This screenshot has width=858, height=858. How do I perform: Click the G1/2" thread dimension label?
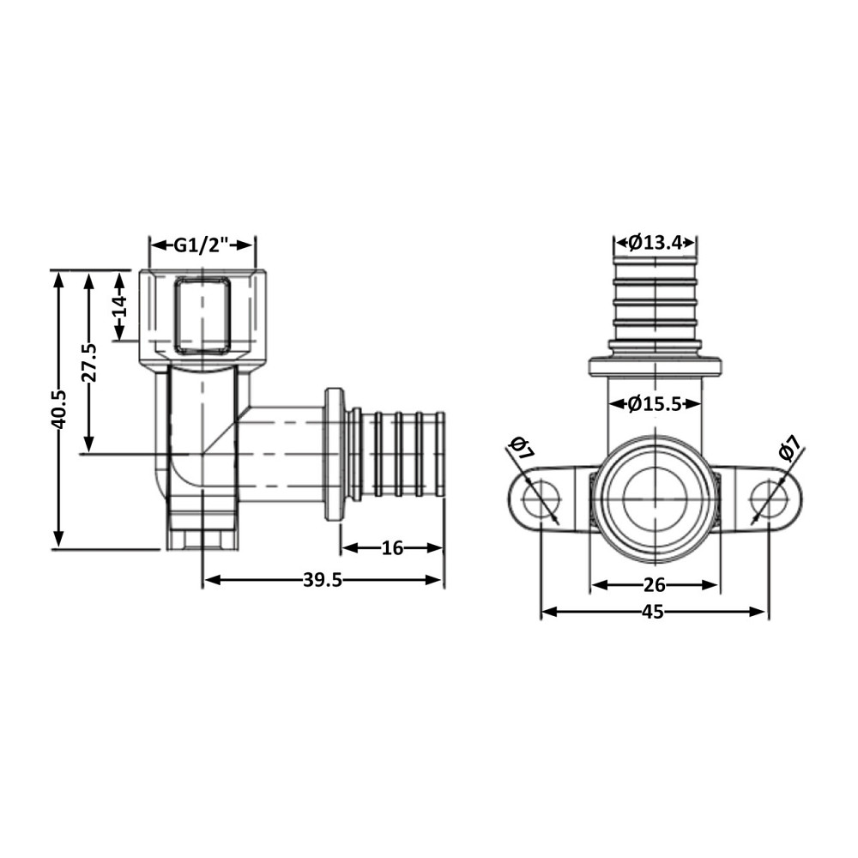(x=202, y=245)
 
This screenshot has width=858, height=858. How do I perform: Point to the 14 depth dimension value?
(x=119, y=305)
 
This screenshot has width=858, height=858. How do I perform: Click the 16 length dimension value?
(x=391, y=548)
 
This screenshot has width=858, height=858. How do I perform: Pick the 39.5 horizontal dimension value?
(x=323, y=580)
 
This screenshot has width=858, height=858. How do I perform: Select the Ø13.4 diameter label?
(x=655, y=243)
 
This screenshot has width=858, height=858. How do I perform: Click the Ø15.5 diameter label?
(x=655, y=403)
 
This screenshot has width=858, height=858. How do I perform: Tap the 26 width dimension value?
(x=654, y=585)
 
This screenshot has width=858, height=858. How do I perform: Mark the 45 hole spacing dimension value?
(x=654, y=612)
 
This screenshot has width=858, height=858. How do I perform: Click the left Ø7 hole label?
(x=520, y=450)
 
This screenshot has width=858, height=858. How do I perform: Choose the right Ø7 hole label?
(x=789, y=450)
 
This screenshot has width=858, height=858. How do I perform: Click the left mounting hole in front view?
(x=542, y=499)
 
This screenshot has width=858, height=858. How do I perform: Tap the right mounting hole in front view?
(x=767, y=499)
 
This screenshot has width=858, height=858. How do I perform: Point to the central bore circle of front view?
(x=655, y=499)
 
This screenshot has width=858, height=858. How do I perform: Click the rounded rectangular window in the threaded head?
(x=202, y=315)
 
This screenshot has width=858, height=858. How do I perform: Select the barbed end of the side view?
(x=400, y=454)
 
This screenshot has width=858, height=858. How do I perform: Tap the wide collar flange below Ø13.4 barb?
(x=655, y=367)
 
